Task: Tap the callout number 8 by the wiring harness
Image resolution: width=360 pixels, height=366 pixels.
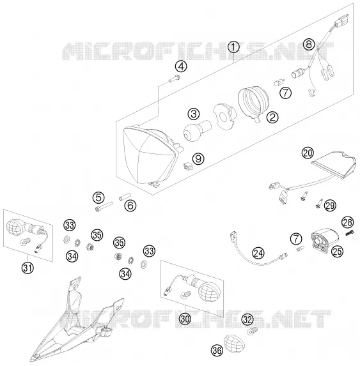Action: coord(309,43)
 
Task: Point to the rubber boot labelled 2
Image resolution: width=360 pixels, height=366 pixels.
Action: coord(253,103)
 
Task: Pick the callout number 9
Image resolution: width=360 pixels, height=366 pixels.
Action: coord(198,158)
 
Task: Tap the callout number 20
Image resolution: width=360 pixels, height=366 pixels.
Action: coord(308,153)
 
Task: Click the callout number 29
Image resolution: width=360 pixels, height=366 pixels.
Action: coord(330,206)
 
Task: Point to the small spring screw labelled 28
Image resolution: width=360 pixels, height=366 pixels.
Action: coord(349,233)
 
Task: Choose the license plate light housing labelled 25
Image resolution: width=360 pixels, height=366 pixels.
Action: coord(324,241)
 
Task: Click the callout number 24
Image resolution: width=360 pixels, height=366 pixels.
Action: coord(258,253)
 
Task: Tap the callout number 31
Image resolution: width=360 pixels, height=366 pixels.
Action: coord(27,268)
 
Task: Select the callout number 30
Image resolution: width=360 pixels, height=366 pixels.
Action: coord(185,319)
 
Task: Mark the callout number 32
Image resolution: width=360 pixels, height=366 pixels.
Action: coord(247,319)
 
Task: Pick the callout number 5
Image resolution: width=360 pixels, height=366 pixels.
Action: coord(98,197)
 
